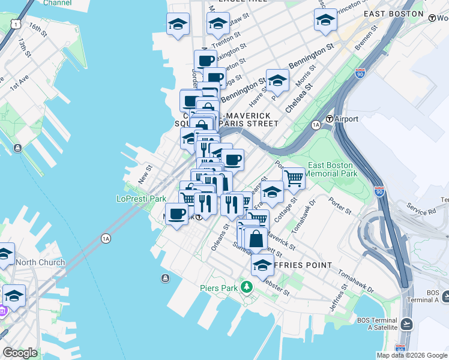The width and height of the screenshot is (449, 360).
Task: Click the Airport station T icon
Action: tap(329, 119)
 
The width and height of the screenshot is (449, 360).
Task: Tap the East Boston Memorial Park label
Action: tap(332, 169)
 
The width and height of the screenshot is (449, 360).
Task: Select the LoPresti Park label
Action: tap(141, 199)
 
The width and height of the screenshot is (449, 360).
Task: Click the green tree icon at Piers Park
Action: tap(246, 288)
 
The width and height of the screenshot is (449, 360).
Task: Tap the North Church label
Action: tap(40, 262)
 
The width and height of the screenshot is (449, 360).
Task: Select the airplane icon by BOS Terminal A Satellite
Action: tap(406, 324)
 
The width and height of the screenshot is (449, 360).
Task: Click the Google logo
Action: tap(20, 352)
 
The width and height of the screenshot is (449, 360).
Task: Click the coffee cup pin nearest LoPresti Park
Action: tap(176, 214)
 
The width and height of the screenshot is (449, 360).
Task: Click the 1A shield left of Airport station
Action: tap(316, 124)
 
